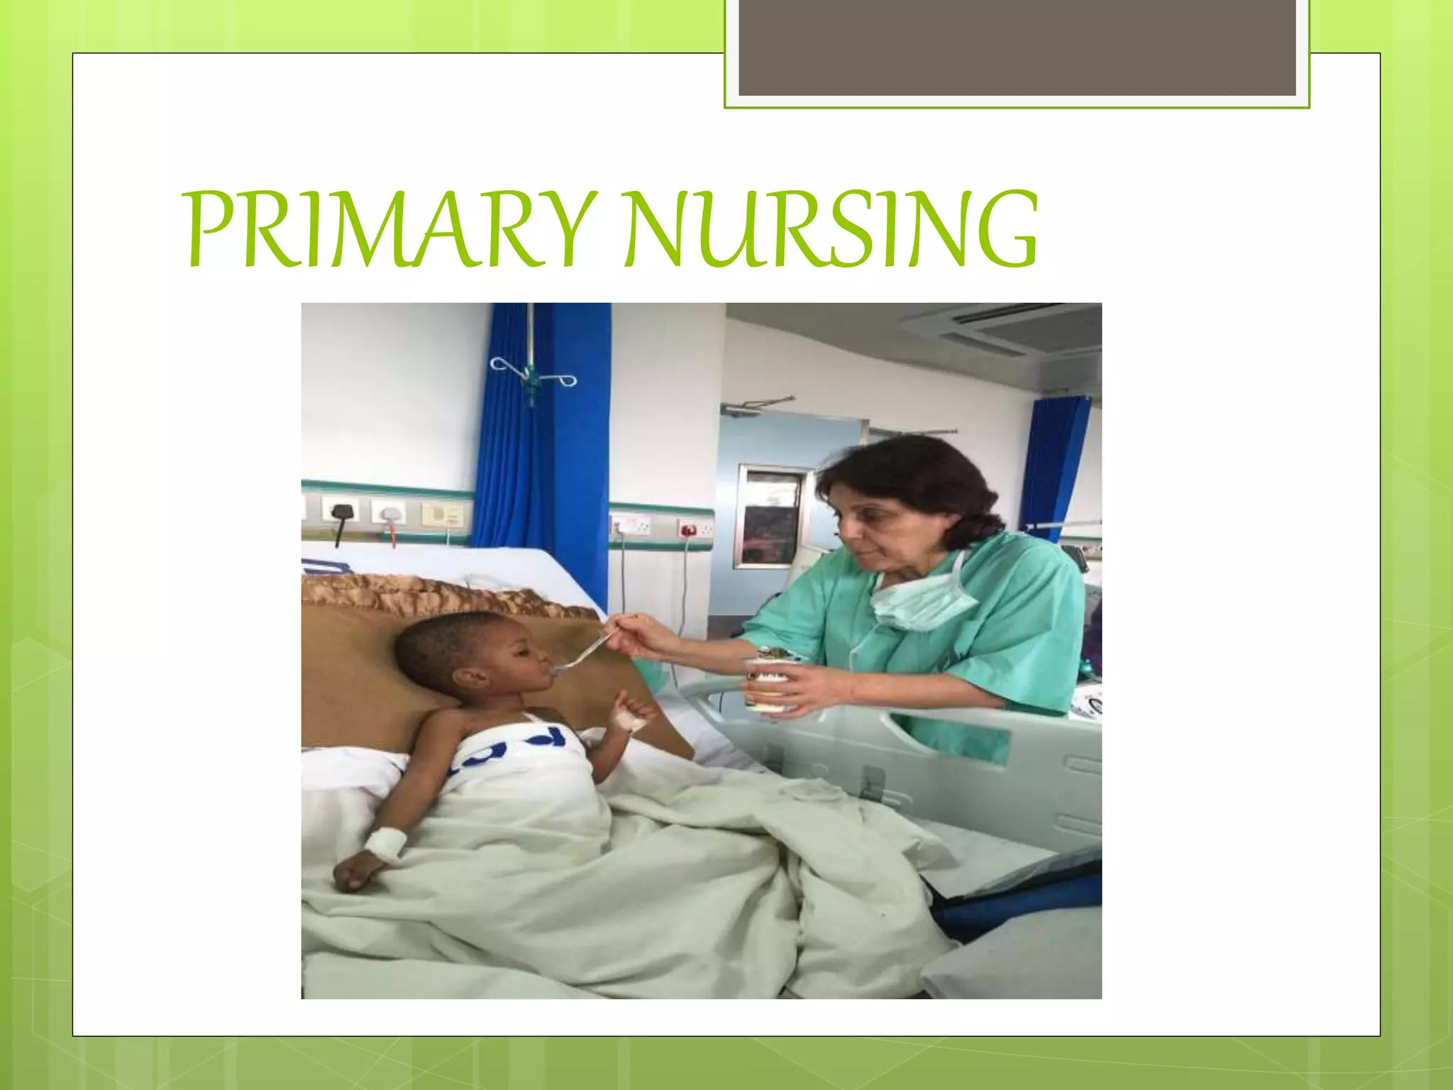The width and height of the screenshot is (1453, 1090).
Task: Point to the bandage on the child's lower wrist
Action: [384, 842]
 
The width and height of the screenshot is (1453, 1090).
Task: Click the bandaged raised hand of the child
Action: [631, 714]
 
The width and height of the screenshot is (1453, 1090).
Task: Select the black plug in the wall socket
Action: [341, 513]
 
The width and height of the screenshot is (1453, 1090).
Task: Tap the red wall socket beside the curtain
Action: [687, 529]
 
